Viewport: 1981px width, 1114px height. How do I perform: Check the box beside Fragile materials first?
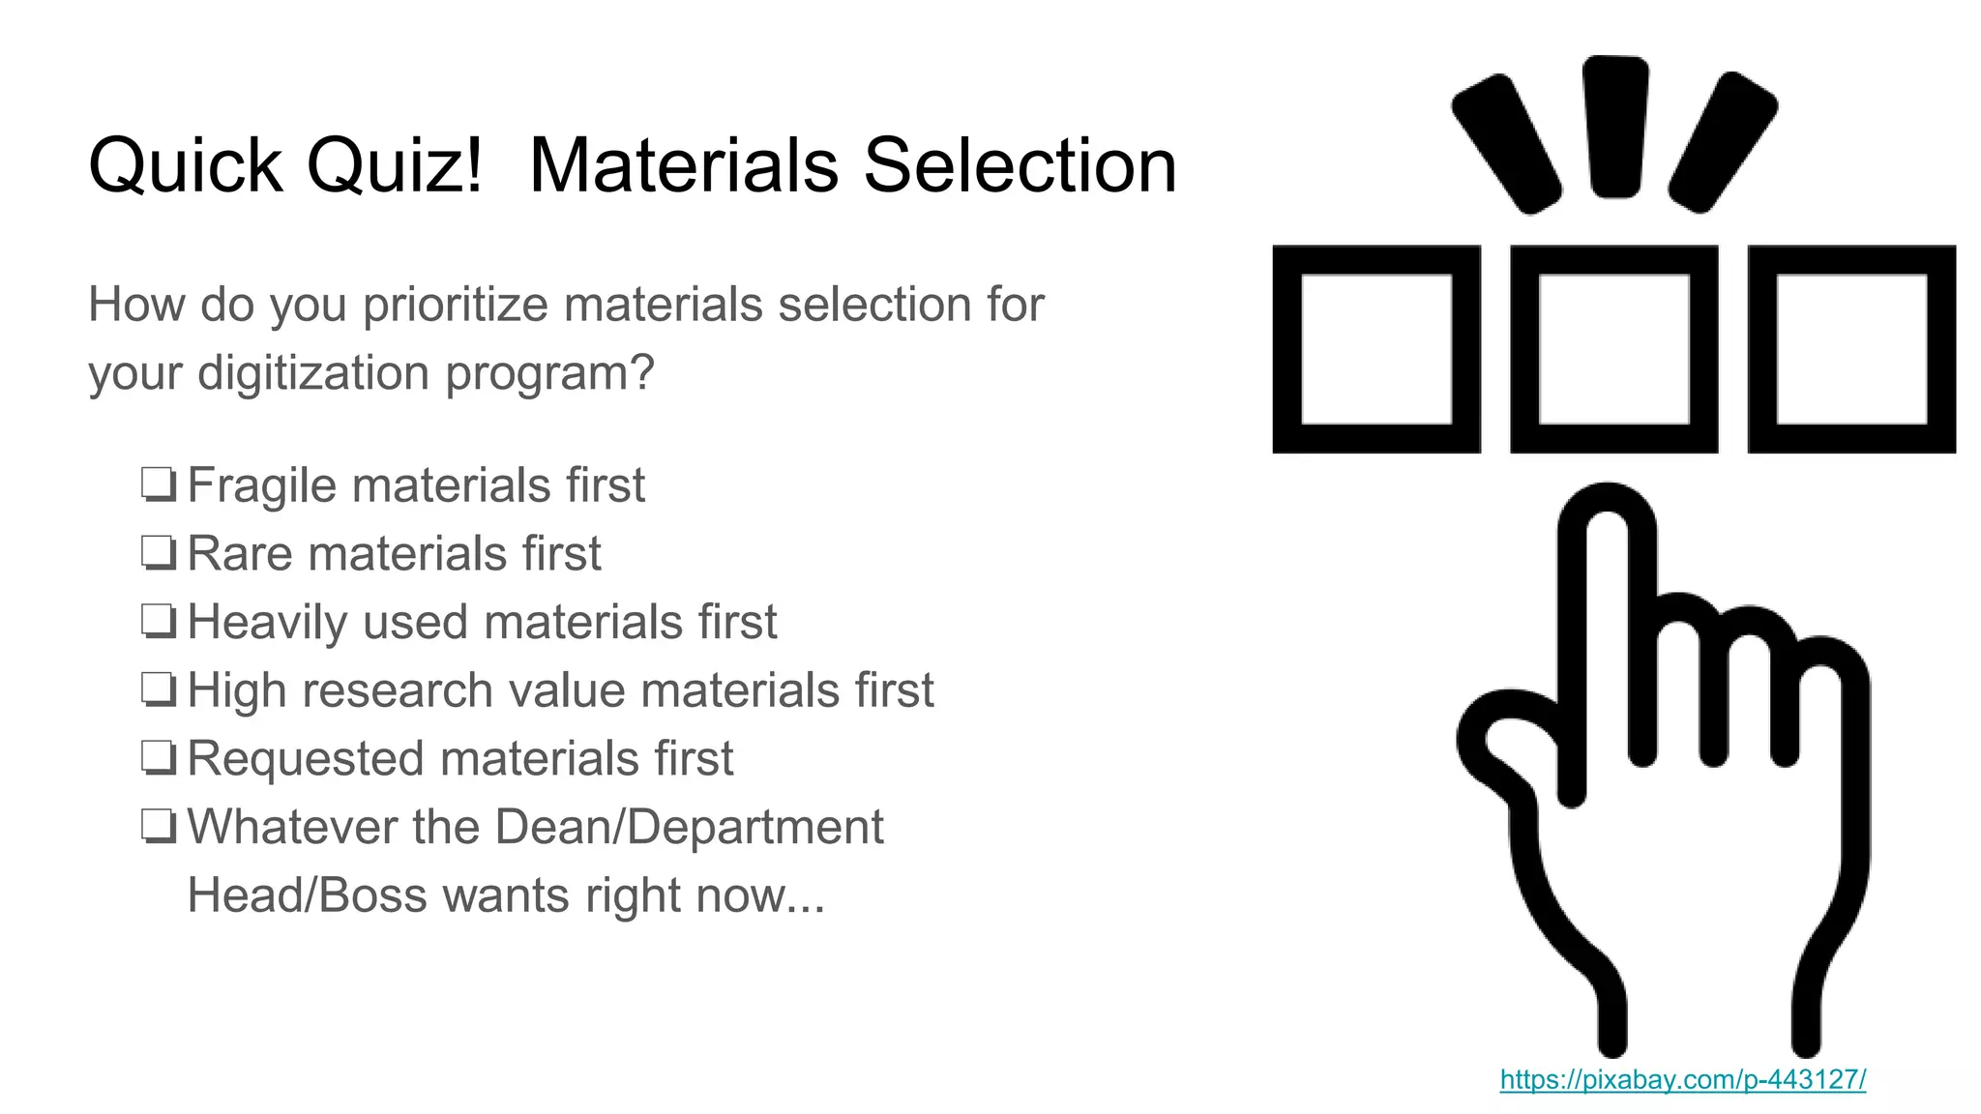159,485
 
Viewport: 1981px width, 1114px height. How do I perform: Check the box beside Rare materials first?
159,554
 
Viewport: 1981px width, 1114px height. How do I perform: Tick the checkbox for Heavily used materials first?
159,622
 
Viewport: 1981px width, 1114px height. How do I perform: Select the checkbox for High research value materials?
159,690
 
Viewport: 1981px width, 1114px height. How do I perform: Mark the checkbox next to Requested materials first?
159,759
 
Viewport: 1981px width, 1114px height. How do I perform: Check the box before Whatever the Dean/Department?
159,828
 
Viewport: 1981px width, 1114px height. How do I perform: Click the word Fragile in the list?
261,485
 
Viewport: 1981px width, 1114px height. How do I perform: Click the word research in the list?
398,690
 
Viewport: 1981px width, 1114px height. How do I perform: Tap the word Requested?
306,759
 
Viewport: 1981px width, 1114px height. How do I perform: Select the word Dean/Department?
689,828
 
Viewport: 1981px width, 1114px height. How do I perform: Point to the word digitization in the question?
313,373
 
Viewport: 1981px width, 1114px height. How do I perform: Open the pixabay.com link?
1682,1079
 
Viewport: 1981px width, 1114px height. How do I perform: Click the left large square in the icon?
1376,349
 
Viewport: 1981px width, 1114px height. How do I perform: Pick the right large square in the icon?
1851,349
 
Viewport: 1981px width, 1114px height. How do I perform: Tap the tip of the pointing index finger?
1607,508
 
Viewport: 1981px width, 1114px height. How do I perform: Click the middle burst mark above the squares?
1614,126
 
